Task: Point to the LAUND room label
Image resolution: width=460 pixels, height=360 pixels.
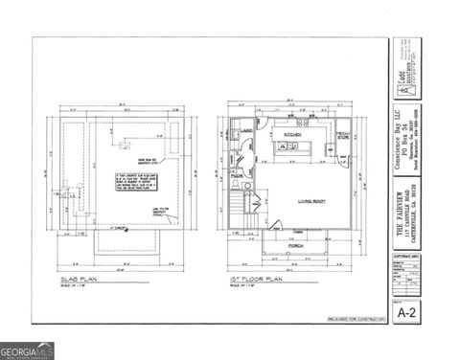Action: pyautogui.click(x=246, y=130)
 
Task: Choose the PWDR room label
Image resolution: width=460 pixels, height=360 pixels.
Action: pyautogui.click(x=239, y=176)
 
